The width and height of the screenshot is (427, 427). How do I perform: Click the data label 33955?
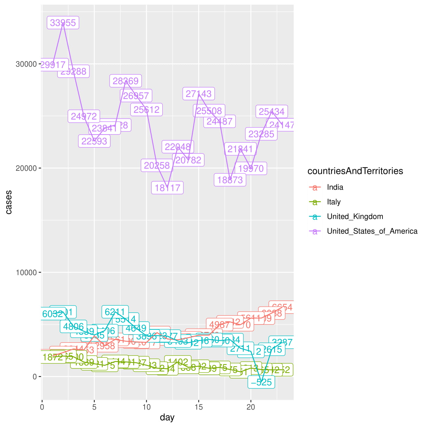[x=63, y=23]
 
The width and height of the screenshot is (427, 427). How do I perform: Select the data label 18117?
[x=167, y=188]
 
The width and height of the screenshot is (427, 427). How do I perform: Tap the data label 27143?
[x=199, y=94]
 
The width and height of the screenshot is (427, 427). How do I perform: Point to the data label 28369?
[x=126, y=81]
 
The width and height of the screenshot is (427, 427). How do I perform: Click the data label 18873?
[x=230, y=180]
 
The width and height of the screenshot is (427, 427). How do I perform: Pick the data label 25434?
[x=271, y=112]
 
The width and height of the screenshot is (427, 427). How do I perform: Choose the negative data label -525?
[x=261, y=382]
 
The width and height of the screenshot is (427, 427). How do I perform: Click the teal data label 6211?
[x=115, y=312]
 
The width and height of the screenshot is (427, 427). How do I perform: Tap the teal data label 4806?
[x=74, y=327]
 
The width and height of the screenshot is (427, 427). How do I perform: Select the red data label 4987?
[x=219, y=325]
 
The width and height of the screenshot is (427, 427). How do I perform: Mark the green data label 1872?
[x=53, y=357]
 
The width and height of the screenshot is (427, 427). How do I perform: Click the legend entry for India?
[x=335, y=187]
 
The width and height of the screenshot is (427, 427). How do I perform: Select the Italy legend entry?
[x=334, y=202]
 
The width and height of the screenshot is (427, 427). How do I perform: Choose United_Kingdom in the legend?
[x=355, y=217]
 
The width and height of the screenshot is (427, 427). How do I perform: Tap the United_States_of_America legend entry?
[x=372, y=231]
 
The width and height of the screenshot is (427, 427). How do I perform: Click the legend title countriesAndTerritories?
[x=355, y=171]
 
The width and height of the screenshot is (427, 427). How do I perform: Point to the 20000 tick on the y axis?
[x=26, y=168]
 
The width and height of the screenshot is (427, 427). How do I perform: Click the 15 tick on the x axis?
[x=199, y=407]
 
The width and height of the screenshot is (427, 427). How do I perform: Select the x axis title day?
[x=167, y=417]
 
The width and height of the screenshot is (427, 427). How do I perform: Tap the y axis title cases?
[x=9, y=202]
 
